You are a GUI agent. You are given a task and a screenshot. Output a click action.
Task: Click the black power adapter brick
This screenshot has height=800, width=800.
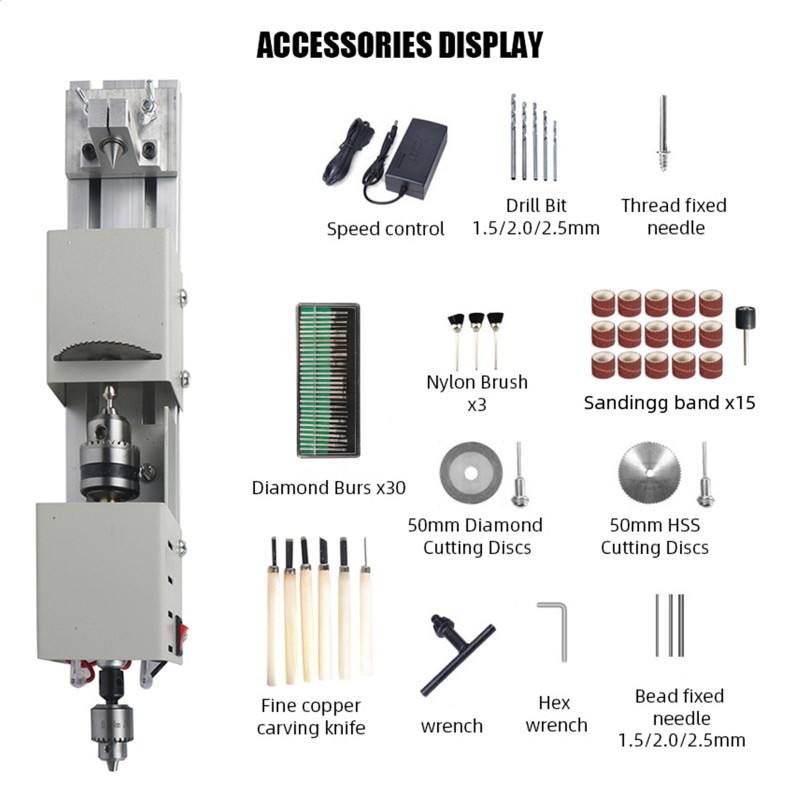pyautogui.click(x=416, y=157)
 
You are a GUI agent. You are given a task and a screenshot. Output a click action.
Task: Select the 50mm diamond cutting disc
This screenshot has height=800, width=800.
pyautogui.click(x=471, y=473)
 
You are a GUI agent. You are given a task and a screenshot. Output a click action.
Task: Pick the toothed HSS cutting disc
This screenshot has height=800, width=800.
pyautogui.click(x=650, y=473)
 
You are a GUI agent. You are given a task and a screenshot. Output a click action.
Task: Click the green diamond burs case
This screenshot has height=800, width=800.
pyautogui.click(x=329, y=381)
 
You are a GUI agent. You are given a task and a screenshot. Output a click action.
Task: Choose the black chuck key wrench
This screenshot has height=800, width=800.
pyautogui.click(x=457, y=655)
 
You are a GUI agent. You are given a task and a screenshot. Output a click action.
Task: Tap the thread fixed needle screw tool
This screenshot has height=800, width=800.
pyautogui.click(x=663, y=133)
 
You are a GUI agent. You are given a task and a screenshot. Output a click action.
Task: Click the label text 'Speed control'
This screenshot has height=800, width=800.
pyautogui.click(x=386, y=229)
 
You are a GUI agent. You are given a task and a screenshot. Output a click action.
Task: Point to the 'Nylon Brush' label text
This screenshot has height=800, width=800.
pyautogui.click(x=477, y=382)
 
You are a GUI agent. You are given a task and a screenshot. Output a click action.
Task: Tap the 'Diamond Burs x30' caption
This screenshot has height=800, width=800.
pyautogui.click(x=329, y=488)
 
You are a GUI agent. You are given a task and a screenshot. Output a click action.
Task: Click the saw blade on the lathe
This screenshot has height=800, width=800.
pyautogui.click(x=108, y=351)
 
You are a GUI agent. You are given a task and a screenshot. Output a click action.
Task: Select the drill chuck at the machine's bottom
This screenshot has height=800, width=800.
pyautogui.click(x=112, y=735)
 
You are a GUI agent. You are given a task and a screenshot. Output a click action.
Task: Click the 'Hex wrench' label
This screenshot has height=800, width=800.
pyautogui.click(x=556, y=714)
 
